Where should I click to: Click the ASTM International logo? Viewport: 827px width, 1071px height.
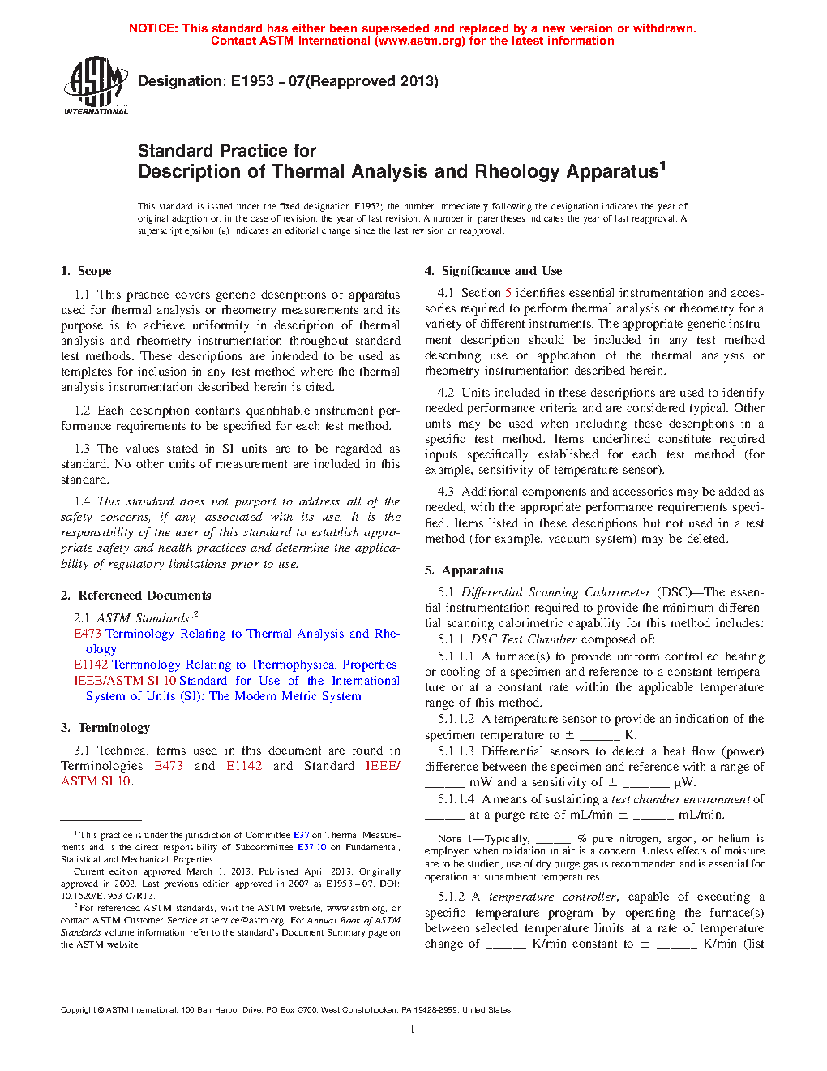coord(96,85)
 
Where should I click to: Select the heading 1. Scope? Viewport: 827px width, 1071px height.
coord(86,271)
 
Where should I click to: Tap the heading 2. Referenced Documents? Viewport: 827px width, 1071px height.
coord(135,596)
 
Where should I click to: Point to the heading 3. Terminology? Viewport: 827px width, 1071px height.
coord(105,728)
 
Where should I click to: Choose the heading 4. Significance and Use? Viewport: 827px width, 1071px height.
coord(493,271)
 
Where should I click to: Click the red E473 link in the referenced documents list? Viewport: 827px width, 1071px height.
coord(88,634)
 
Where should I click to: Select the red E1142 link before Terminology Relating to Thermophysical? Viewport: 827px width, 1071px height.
coord(91,665)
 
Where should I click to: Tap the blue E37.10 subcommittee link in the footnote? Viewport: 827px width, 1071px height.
coord(311,847)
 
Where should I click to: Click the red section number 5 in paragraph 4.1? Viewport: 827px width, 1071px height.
coord(508,293)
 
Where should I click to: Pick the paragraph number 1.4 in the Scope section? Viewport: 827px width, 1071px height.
coord(82,501)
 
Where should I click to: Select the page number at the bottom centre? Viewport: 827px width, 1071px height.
coord(413,1030)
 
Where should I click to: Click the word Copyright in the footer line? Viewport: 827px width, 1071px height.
coord(78,1010)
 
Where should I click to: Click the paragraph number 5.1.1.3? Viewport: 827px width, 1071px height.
coord(456,751)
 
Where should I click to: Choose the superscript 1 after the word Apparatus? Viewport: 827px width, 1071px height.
coord(662,166)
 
